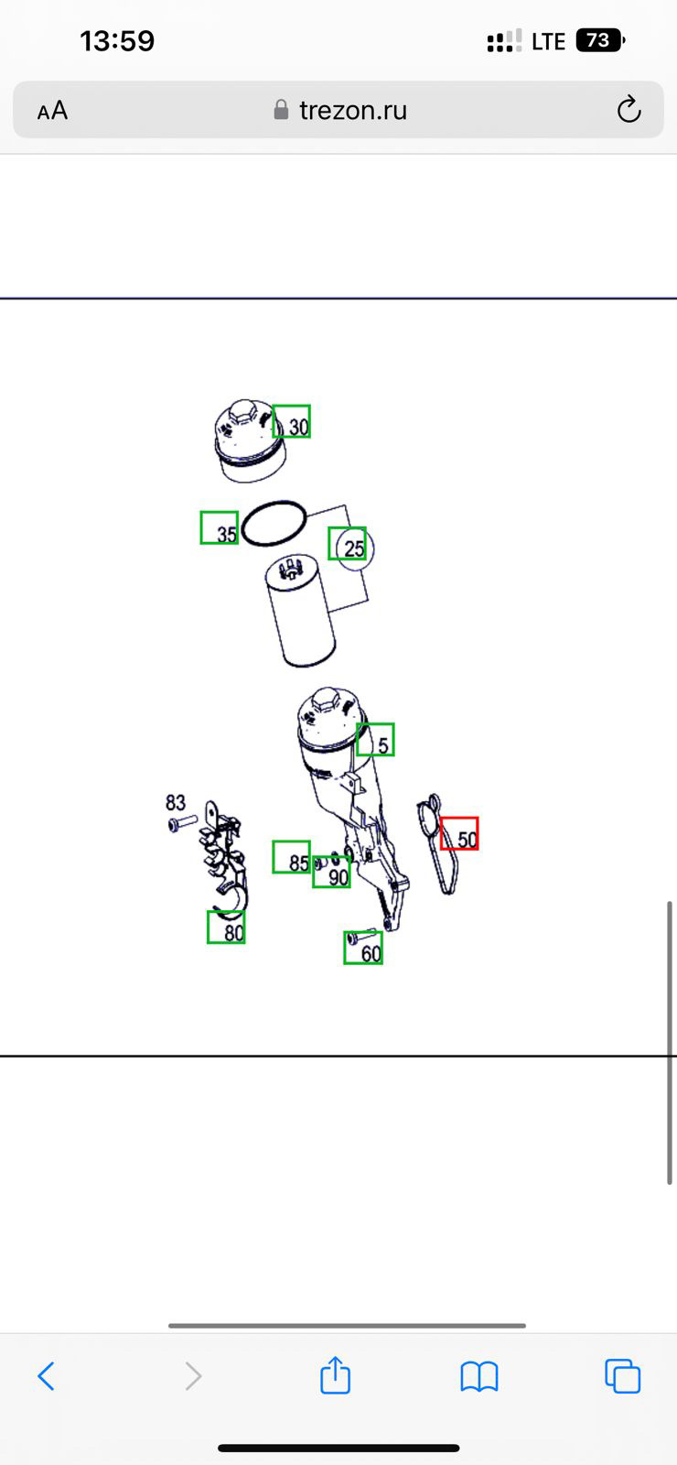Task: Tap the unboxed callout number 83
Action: pyautogui.click(x=175, y=802)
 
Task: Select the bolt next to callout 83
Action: pyautogui.click(x=182, y=823)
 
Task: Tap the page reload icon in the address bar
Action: pyautogui.click(x=629, y=109)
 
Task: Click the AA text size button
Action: pyautogui.click(x=52, y=110)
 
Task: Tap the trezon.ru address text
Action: pyautogui.click(x=353, y=110)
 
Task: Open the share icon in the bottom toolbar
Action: pyautogui.click(x=335, y=1374)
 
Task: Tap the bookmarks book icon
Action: pyautogui.click(x=479, y=1376)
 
